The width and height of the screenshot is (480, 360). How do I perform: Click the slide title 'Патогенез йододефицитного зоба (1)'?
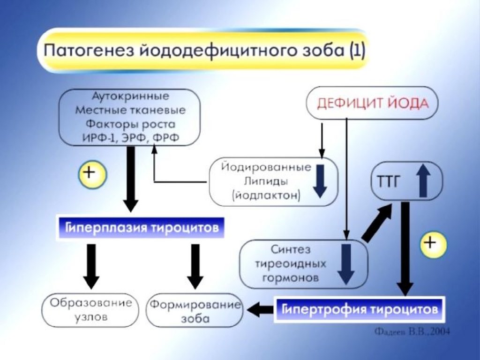click(203, 50)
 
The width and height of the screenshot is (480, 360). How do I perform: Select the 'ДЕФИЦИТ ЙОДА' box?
click(372, 103)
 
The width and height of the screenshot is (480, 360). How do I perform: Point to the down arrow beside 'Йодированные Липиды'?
click(320, 180)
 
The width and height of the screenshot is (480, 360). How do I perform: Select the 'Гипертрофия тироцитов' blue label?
click(359, 310)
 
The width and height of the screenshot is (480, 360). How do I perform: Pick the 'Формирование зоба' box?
click(194, 311)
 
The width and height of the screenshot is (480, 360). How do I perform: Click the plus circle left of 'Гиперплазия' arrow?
click(92, 174)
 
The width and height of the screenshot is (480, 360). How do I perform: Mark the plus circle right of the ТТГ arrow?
click(433, 244)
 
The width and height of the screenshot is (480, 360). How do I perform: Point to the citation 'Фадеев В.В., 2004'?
click(412, 332)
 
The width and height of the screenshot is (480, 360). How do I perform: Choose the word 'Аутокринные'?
click(130, 96)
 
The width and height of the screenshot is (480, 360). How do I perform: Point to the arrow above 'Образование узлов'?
click(91, 266)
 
